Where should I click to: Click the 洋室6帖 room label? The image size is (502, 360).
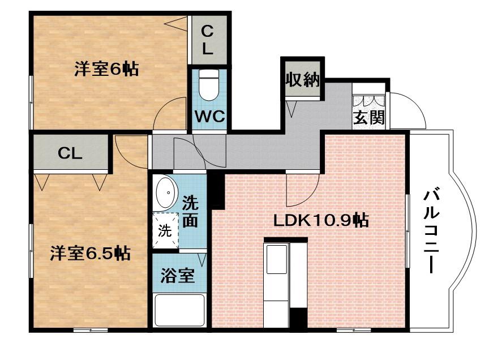tap(106, 70)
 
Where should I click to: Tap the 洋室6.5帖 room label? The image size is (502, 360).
tap(90, 253)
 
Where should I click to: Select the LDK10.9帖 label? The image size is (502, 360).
tap(321, 220)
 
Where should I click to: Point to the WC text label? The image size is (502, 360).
tap(210, 117)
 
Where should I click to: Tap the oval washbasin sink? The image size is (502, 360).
tap(166, 194)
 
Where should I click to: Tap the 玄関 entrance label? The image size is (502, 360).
tap(370, 118)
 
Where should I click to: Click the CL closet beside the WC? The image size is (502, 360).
tap(208, 40)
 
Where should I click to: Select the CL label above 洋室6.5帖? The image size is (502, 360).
tap(71, 153)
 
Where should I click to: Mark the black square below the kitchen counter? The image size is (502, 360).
tap(298, 318)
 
